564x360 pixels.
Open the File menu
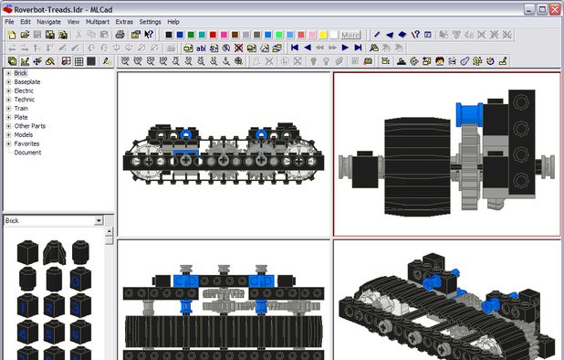pos(9,22)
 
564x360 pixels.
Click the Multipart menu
pos(98,22)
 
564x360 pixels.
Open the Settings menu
pos(150,22)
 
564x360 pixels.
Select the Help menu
pos(173,22)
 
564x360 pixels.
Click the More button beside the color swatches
pos(350,35)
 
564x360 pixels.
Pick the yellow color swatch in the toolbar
pos(323,35)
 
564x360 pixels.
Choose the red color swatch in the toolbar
pos(213,35)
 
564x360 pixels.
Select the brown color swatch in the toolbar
pos(235,35)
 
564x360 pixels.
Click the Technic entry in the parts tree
pos(24,100)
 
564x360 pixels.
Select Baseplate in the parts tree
pos(27,81)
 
